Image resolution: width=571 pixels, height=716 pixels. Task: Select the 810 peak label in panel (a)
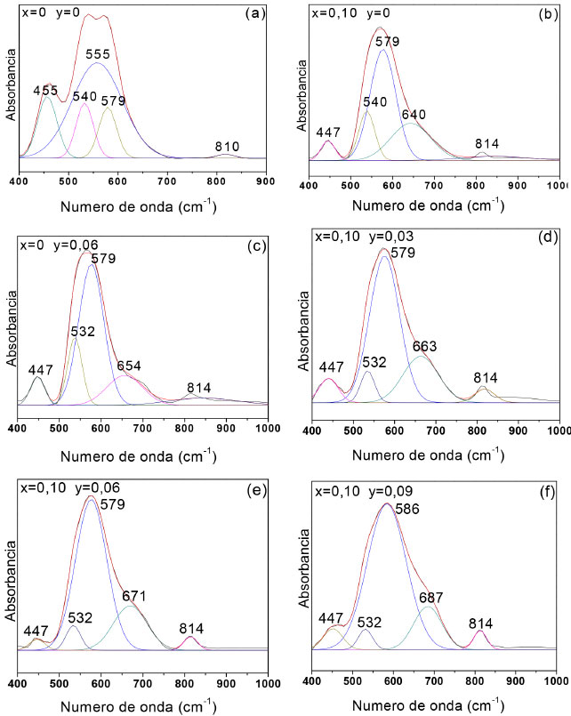226,145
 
